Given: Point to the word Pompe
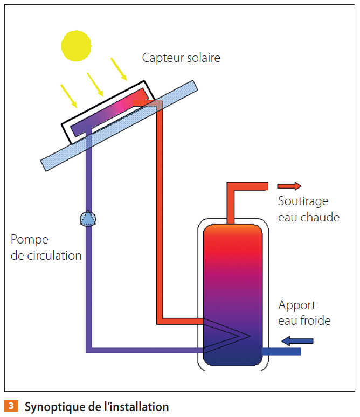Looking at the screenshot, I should pyautogui.click(x=30, y=240).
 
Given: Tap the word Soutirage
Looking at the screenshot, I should pyautogui.click(x=303, y=201).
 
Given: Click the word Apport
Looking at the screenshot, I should pyautogui.click(x=297, y=306).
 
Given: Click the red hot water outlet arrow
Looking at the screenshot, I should pyautogui.click(x=289, y=186).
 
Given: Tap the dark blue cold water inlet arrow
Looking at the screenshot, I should pyautogui.click(x=297, y=340).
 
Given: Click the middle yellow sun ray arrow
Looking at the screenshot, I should pyautogui.click(x=95, y=82).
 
